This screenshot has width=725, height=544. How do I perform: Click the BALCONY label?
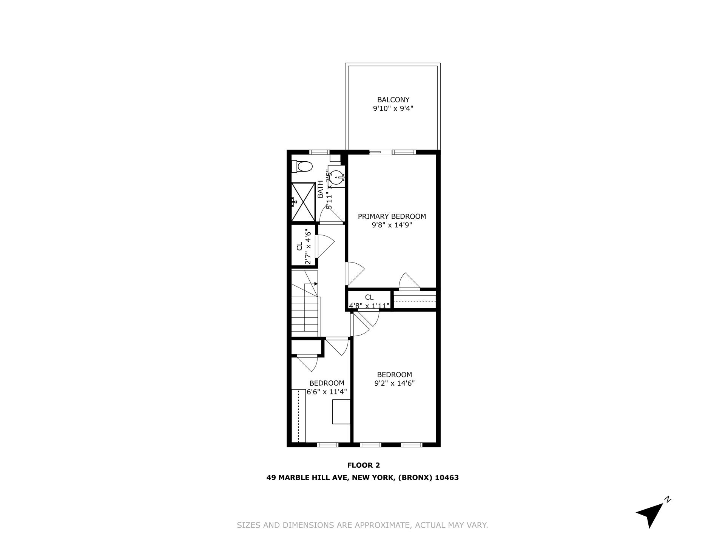[x=393, y=100]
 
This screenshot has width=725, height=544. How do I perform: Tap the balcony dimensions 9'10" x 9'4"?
[x=393, y=109]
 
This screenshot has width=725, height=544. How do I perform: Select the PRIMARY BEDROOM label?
[x=392, y=216]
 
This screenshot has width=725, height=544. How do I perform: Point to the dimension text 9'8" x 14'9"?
[x=392, y=225]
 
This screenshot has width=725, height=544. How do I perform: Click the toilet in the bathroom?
[x=304, y=166]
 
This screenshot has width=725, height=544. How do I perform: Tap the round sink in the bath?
[x=336, y=176]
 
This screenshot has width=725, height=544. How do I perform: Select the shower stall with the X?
[x=303, y=201]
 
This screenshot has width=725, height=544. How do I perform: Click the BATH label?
[x=320, y=189]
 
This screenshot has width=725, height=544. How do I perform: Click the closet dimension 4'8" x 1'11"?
[x=369, y=306]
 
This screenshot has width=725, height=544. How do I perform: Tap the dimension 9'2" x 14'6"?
[x=394, y=383]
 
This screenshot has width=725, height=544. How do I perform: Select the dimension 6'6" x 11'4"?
[x=327, y=392]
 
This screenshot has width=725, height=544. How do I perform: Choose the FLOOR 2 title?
[x=363, y=465]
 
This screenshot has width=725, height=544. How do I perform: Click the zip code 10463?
[x=447, y=478]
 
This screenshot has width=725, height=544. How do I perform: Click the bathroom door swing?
[x=331, y=216]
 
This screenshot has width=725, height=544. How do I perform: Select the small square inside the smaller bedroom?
[x=341, y=412]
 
